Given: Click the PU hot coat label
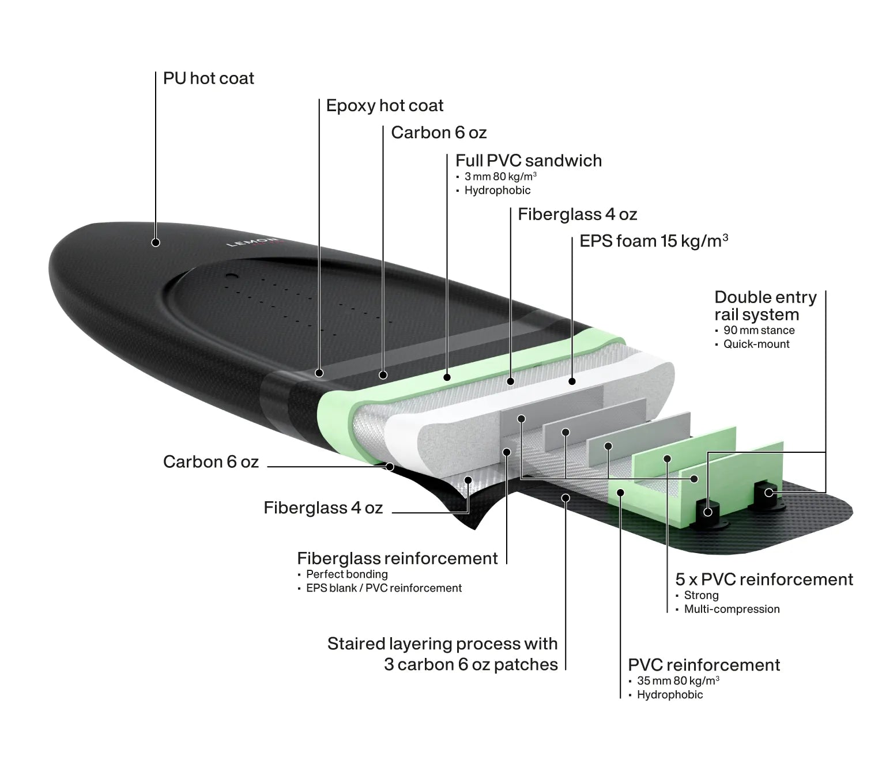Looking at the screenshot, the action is click(209, 78).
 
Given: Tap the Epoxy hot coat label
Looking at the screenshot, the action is click(385, 105).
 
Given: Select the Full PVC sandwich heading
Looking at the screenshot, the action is click(529, 161).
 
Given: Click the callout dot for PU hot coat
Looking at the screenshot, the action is click(156, 243).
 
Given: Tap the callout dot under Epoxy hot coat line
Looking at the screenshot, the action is click(319, 373).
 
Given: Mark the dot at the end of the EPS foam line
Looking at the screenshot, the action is click(572, 381).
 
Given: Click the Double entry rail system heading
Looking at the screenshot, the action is click(766, 306).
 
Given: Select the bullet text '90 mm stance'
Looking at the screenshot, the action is click(759, 331).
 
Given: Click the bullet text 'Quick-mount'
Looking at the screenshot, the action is click(756, 344).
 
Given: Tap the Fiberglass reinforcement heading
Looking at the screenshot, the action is click(397, 558).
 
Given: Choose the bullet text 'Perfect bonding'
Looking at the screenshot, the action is click(347, 574).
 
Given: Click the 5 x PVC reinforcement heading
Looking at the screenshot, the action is click(764, 580).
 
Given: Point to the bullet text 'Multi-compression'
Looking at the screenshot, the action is click(732, 609).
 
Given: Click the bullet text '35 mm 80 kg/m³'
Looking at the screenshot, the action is click(679, 680).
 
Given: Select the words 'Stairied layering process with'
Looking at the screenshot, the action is click(442, 644).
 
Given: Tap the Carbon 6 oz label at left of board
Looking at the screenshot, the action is click(211, 462).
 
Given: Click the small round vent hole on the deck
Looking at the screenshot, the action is click(232, 276).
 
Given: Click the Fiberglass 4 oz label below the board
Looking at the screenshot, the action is click(323, 508).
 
